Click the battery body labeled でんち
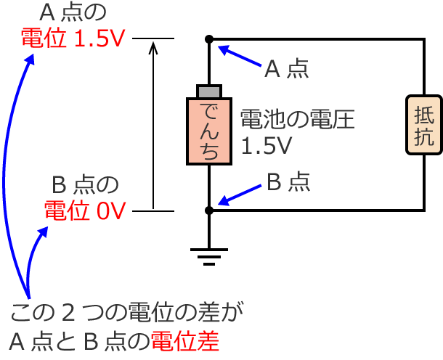208,130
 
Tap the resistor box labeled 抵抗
423,125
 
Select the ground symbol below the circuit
208,254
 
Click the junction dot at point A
208,38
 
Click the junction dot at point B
208,210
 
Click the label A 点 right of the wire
286,69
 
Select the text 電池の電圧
297,120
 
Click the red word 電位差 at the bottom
184,340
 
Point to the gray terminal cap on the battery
208,91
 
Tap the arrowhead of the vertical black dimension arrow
153,46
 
